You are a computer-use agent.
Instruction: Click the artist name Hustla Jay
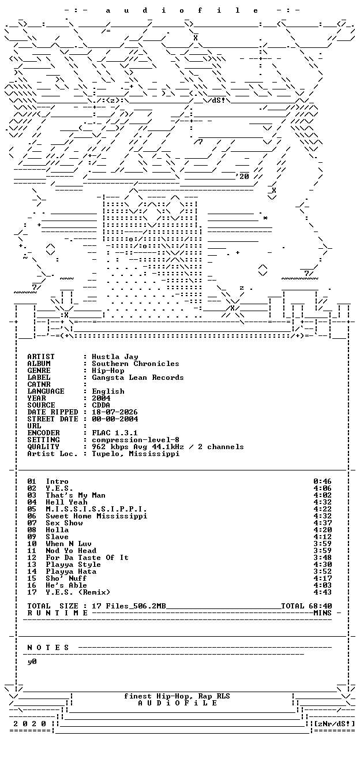coord(115,357)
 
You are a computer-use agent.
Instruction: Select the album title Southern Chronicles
coord(136,364)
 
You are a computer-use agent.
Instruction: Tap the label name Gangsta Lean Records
coord(138,378)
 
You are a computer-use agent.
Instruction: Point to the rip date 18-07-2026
coord(115,412)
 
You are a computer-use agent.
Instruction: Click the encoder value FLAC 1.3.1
coord(115,433)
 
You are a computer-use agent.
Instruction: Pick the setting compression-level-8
coord(136,440)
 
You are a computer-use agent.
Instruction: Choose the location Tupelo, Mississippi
coord(136,454)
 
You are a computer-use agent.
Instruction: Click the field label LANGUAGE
coord(46,391)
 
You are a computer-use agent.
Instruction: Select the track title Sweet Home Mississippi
coord(96,516)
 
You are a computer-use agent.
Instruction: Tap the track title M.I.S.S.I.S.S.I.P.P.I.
coord(96,509)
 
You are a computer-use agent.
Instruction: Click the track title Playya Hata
coord(71,571)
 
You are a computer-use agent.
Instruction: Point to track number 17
coord(32,592)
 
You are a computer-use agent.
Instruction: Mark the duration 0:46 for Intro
coord(322,481)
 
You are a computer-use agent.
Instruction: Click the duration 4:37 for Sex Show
coord(322,523)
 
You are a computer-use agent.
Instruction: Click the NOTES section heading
coord(48,648)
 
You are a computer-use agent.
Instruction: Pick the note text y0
coord(32,662)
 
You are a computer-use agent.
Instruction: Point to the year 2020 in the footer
coord(29,723)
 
